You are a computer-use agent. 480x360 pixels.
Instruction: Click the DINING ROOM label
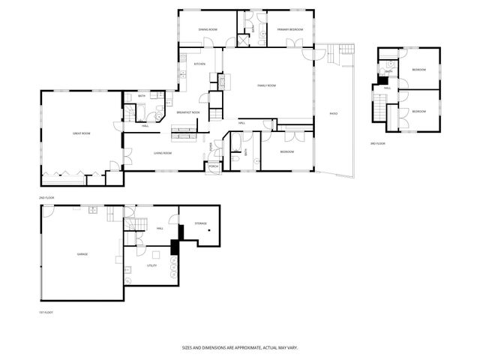click(208, 29)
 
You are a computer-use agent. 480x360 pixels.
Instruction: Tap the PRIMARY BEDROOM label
click(289, 29)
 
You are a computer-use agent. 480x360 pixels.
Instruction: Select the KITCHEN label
click(199, 64)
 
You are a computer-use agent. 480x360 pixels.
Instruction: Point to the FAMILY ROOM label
click(267, 85)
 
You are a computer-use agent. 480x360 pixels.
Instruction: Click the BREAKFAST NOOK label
click(187, 112)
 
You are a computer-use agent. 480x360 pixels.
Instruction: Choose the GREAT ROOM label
click(81, 133)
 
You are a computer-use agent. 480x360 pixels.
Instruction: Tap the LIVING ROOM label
click(163, 153)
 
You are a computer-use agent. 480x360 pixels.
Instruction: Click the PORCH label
click(213, 166)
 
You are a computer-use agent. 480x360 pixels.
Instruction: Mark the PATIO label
click(332, 114)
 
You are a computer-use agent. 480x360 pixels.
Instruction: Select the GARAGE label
click(82, 254)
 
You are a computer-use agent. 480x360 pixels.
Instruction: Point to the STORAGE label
click(200, 223)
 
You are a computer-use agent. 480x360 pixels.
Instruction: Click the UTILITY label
click(150, 265)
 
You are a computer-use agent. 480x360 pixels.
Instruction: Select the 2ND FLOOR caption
click(47, 197)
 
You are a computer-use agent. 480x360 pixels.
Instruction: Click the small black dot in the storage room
click(210, 229)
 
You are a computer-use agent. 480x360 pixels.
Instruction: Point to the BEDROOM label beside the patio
click(286, 151)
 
